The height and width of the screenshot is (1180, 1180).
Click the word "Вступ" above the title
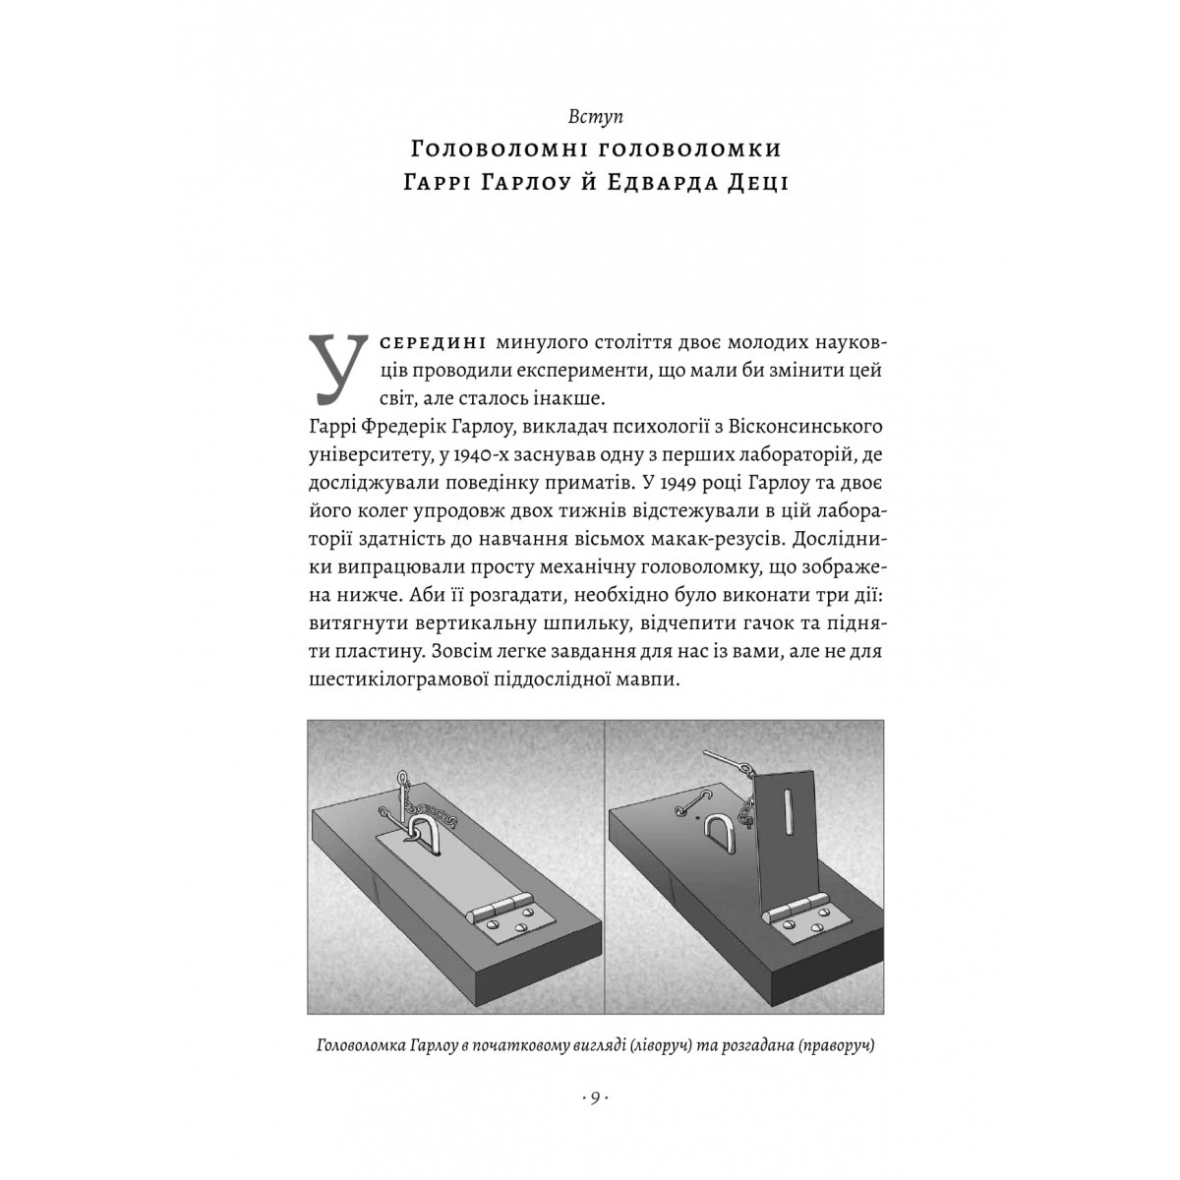point(589,116)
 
